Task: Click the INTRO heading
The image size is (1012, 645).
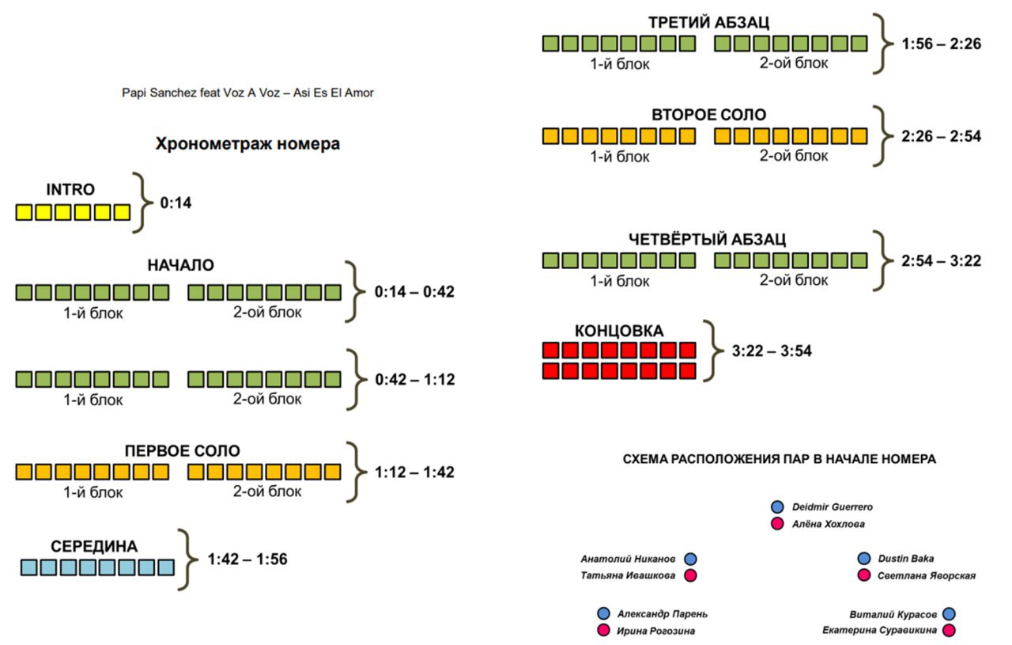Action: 70,189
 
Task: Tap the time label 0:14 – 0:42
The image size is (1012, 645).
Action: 414,292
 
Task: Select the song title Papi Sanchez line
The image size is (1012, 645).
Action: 247,93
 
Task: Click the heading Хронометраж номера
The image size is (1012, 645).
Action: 247,144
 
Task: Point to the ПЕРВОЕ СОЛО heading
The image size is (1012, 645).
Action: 182,450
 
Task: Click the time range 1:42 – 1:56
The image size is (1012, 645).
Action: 247,559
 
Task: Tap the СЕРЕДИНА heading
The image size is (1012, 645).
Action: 94,546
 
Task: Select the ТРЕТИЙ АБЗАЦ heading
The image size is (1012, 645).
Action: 708,22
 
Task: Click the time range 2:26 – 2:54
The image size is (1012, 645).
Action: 941,136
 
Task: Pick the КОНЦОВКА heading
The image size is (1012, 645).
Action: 619,331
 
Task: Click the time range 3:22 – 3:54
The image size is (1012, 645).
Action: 772,351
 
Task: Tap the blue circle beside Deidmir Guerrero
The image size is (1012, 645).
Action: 777,507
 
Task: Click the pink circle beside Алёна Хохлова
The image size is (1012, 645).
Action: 777,524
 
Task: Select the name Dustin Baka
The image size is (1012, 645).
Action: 906,559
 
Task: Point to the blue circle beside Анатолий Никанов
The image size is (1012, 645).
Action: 690,559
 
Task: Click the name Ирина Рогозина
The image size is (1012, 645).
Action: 656,631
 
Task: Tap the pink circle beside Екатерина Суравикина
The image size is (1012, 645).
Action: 949,630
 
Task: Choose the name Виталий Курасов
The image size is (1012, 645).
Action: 893,614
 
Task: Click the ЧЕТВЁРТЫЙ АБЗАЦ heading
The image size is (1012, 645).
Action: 707,239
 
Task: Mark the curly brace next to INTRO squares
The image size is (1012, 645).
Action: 143,203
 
